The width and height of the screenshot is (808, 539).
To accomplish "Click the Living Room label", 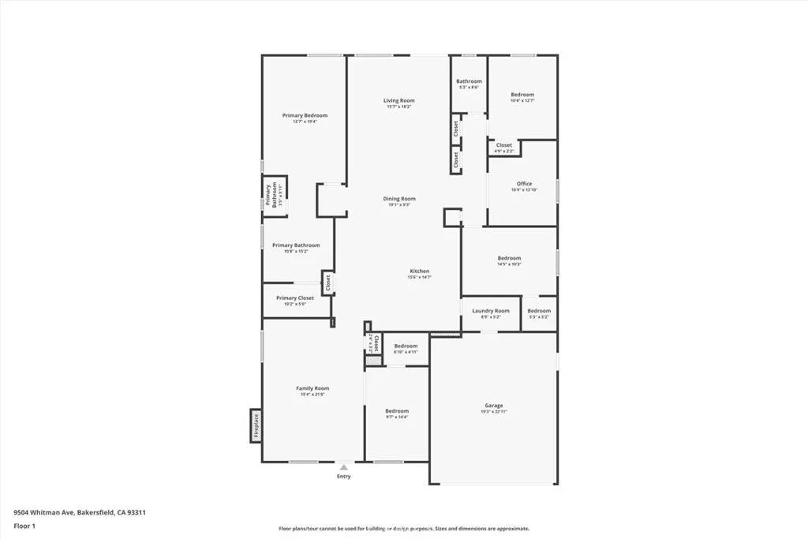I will click(x=398, y=100).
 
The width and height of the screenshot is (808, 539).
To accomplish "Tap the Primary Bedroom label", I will click(x=305, y=115).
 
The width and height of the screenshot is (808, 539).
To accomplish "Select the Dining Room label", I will click(x=398, y=199).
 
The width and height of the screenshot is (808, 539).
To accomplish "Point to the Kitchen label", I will click(x=419, y=271).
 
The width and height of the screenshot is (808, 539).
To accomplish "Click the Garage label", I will click(x=494, y=406).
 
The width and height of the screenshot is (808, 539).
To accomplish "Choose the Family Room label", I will click(x=312, y=388).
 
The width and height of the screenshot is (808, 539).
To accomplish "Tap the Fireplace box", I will click(x=256, y=425).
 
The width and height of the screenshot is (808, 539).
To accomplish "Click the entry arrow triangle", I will click(x=343, y=467).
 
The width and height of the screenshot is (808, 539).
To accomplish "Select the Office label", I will click(x=524, y=184).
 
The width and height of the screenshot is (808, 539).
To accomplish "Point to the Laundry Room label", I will click(x=491, y=311).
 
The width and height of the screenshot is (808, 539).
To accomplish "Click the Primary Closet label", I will click(x=295, y=298).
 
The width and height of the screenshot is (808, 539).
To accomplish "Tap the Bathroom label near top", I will click(x=469, y=81).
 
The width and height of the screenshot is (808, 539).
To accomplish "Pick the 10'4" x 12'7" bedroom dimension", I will click(x=522, y=101).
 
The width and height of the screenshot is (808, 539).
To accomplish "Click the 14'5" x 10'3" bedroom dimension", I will click(x=509, y=264).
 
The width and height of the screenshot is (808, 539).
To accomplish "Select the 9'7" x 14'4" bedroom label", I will click(x=397, y=411).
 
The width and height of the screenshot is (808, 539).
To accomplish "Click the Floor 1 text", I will click(x=24, y=526).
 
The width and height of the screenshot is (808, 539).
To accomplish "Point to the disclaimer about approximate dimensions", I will click(x=403, y=529).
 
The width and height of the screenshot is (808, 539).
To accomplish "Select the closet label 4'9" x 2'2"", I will click(x=503, y=151).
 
